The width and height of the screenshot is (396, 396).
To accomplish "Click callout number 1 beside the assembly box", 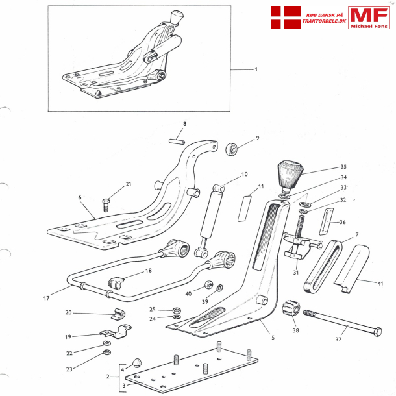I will [256, 69].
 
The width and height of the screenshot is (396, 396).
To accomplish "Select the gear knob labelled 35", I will [290, 174].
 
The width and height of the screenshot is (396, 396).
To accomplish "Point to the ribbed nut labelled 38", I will [291, 310].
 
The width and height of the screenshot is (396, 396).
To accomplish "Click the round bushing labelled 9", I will [232, 150].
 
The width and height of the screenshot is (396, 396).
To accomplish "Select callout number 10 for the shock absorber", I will [245, 174].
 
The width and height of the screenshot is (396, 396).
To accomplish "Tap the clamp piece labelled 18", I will [116, 283].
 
